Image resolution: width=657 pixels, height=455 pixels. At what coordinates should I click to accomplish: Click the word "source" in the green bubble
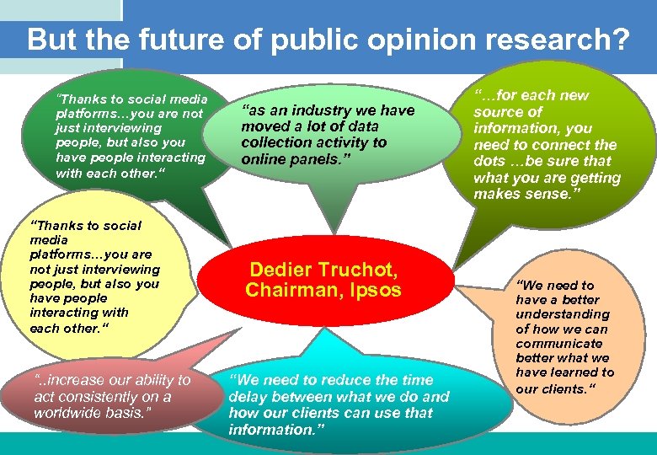[x=496, y=111]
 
